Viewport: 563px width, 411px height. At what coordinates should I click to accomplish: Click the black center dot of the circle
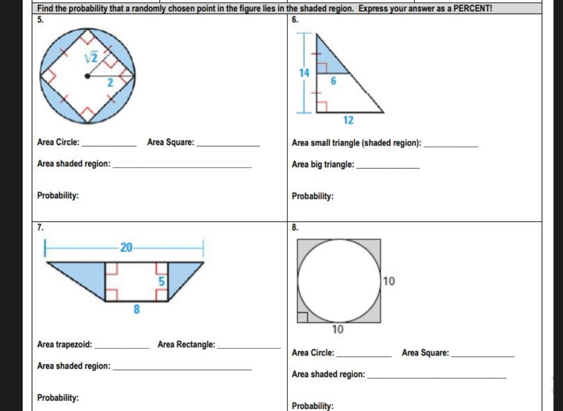tap(87, 76)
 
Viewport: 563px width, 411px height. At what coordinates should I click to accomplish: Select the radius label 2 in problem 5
tap(109, 82)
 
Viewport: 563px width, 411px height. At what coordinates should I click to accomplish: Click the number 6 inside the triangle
tap(333, 82)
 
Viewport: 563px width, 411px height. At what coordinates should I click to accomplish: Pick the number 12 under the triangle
tap(348, 120)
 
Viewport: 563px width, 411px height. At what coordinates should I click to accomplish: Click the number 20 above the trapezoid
tap(126, 247)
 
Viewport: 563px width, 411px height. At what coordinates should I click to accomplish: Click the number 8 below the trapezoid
tap(136, 310)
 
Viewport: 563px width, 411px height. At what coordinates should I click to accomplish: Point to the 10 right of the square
tap(389, 281)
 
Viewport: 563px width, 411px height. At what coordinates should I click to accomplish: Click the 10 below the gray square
tap(338, 329)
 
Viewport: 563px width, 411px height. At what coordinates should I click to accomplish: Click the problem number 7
tap(40, 228)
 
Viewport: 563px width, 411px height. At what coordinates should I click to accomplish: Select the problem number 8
tap(295, 228)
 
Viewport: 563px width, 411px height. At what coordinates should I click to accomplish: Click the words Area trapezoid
tap(64, 345)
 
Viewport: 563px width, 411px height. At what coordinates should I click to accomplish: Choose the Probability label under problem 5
tap(58, 196)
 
